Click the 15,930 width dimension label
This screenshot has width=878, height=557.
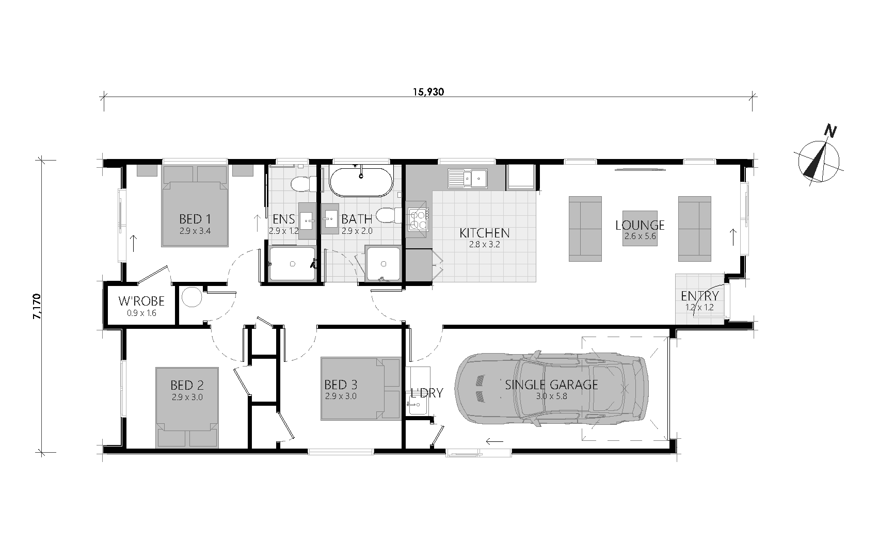pos(428,92)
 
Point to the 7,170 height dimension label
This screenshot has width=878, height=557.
pos(37,306)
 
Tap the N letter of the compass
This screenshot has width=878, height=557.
pos(830,131)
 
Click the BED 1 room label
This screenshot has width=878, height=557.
pos(195,219)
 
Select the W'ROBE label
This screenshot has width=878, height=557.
pos(141,301)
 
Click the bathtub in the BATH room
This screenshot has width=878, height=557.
pos(361,182)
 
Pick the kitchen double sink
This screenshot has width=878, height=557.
pos(468,179)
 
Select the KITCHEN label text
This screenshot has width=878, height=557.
pos(485,233)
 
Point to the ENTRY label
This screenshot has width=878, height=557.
pos(699,296)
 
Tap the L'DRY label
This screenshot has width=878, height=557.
pos(427,393)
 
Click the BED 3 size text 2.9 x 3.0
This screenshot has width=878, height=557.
pos(341,396)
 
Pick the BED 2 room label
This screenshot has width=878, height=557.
pos(187,385)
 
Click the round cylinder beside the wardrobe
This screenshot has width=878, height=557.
pos(191,297)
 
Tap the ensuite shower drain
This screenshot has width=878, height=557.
pos(292,264)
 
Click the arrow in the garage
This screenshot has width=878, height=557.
pos(494,441)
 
